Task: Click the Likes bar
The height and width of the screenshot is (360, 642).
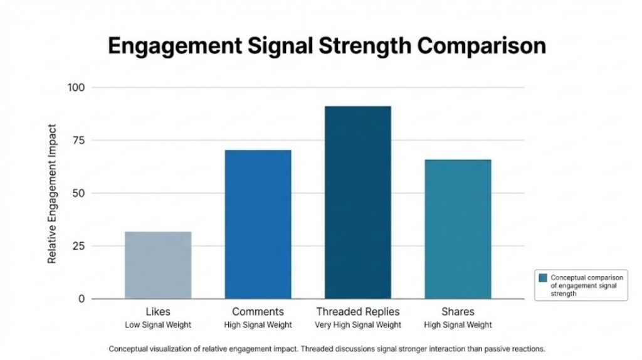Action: click(x=158, y=265)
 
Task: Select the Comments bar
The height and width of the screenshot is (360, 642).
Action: click(x=258, y=224)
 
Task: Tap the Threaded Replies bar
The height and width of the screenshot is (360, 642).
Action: click(x=358, y=202)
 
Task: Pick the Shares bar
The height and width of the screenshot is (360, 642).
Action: click(x=458, y=229)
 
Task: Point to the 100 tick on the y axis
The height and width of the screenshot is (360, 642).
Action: click(x=76, y=87)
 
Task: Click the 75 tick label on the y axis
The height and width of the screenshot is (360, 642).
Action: click(x=78, y=140)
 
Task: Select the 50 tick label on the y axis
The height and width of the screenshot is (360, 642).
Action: click(x=78, y=193)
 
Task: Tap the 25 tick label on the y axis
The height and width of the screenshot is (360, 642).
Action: click(x=78, y=246)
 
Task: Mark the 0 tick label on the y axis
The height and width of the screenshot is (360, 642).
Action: click(x=81, y=299)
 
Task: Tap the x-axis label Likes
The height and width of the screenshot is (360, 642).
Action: click(x=158, y=312)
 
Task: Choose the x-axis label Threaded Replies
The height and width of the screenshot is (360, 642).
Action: click(x=358, y=312)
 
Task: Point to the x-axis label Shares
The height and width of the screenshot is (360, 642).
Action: click(x=458, y=312)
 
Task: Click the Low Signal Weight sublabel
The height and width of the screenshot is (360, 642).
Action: click(x=158, y=324)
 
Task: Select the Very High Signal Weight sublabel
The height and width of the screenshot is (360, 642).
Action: click(x=358, y=324)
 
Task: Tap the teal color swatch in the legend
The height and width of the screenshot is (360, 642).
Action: click(x=543, y=277)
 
